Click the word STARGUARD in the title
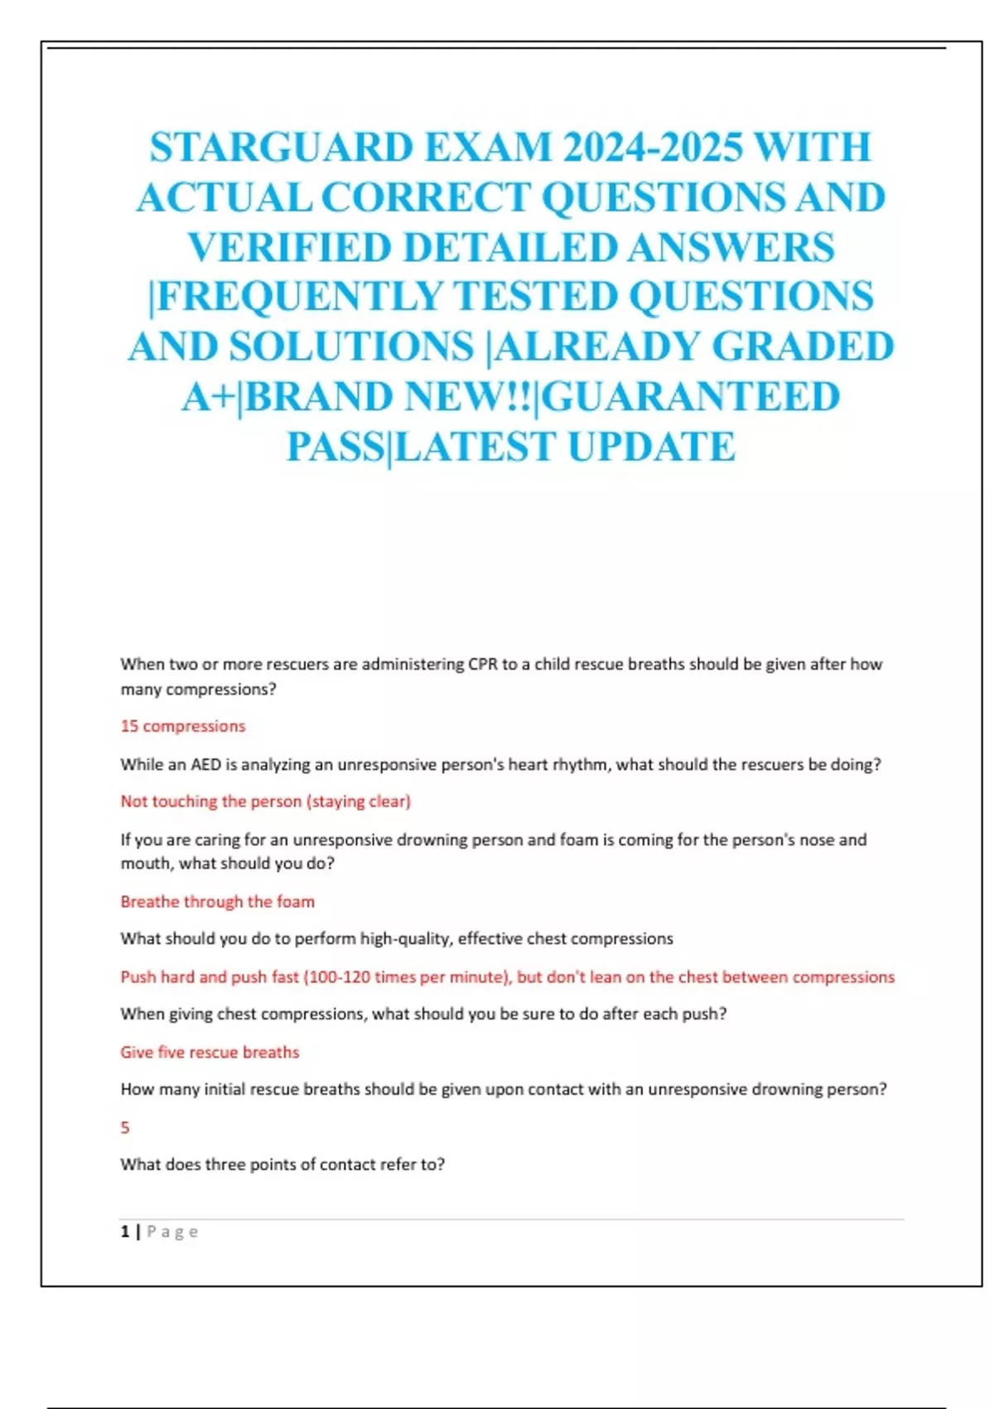point(282,148)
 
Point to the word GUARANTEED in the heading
point(691,396)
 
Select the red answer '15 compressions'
point(183,726)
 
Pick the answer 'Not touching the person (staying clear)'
point(265,801)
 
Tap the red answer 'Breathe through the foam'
point(217,902)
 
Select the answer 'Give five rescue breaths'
point(210,1052)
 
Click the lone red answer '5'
point(125,1127)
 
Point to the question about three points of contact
point(282,1164)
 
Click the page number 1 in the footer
point(125,1232)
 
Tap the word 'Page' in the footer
point(172,1232)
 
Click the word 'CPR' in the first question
point(483,664)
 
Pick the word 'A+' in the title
point(207,396)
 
